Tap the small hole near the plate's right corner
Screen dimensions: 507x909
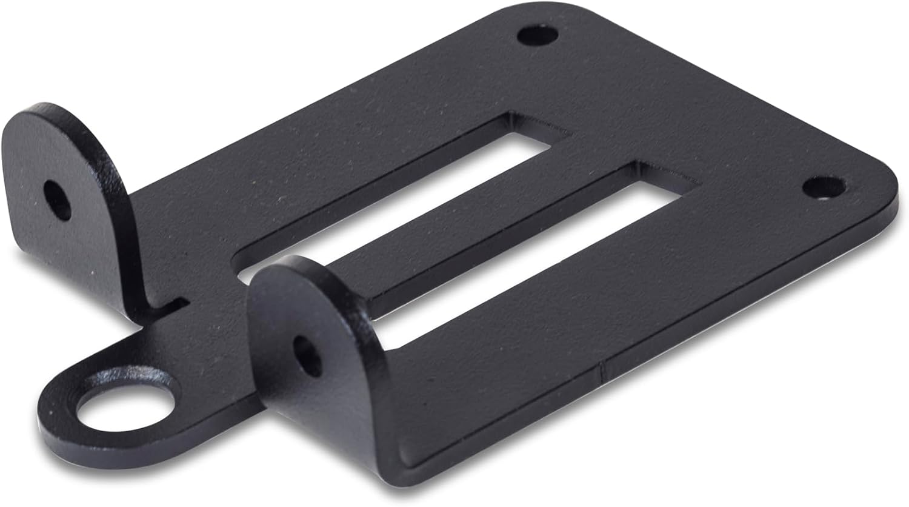[823, 187]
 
